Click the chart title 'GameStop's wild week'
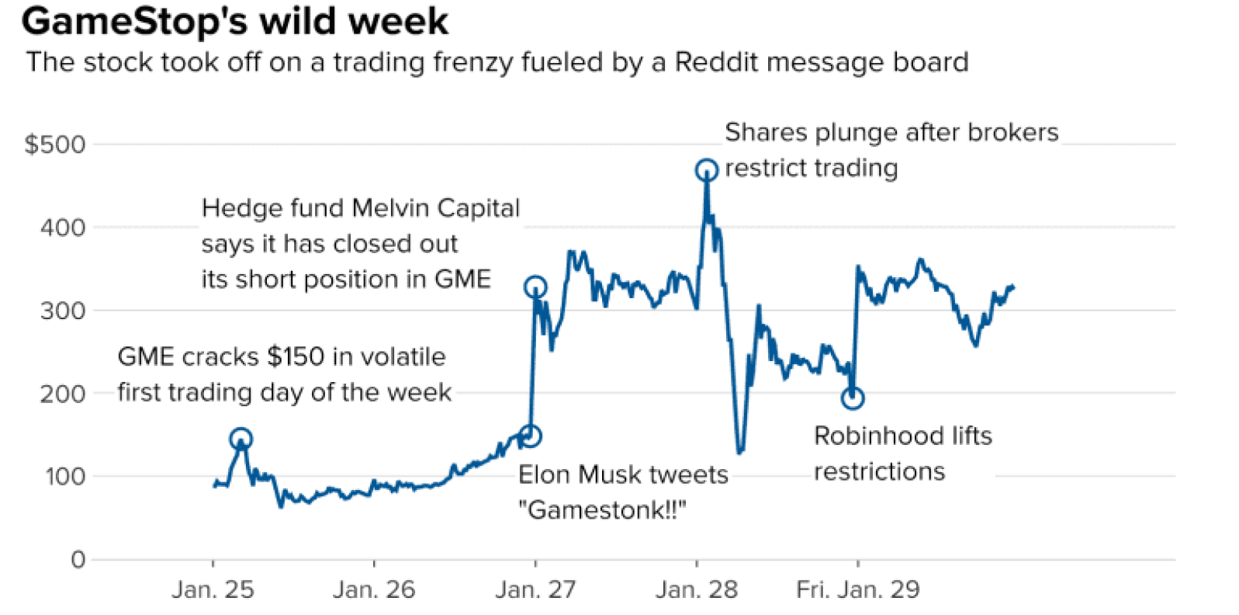click(x=234, y=22)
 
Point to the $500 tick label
click(x=55, y=144)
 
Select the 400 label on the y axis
click(x=63, y=228)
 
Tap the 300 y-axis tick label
click(x=63, y=311)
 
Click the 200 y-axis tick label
click(x=63, y=394)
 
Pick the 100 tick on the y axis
click(x=64, y=476)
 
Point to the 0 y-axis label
click(x=78, y=559)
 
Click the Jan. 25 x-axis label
click(x=213, y=589)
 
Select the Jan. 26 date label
click(x=374, y=589)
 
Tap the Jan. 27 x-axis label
click(x=535, y=589)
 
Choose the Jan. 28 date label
click(x=697, y=589)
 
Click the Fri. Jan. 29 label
click(x=857, y=589)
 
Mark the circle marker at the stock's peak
click(x=706, y=170)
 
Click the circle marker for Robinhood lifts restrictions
click(x=853, y=398)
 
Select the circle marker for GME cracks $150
click(x=241, y=439)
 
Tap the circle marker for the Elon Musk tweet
click(x=531, y=436)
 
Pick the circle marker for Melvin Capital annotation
click(x=535, y=287)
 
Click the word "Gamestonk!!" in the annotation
click(x=602, y=510)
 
